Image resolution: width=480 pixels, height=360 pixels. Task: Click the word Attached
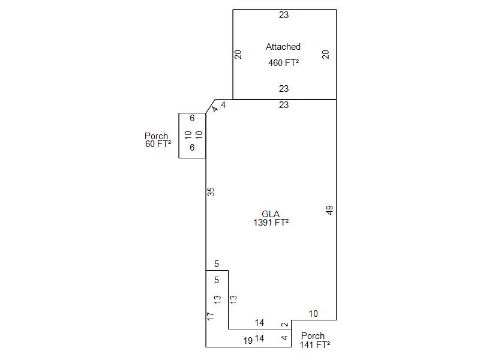[x=283, y=47]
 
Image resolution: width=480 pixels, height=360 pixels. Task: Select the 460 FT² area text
[x=283, y=63]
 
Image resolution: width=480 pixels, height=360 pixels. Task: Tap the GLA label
[x=271, y=214]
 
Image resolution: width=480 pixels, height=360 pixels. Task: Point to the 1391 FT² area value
[x=271, y=222]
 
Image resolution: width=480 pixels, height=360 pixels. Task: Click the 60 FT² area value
[x=158, y=143]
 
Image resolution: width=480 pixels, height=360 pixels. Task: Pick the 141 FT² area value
[x=314, y=344]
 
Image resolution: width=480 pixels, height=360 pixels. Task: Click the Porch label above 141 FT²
[x=313, y=336]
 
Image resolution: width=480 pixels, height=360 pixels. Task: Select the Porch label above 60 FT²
[x=156, y=136]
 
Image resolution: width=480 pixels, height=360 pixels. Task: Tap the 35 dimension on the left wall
[x=211, y=192]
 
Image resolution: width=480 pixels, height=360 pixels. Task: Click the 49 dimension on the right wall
[x=329, y=210]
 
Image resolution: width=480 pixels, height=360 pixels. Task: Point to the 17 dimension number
[x=211, y=316]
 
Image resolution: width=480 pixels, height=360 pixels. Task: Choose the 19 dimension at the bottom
[x=248, y=341]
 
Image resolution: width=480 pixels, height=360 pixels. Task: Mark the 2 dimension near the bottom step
[x=284, y=325]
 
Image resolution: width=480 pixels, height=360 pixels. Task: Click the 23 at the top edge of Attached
[x=284, y=15]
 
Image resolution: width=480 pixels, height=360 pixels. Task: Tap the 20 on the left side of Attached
[x=238, y=55]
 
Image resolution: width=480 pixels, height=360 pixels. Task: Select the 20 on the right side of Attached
[x=325, y=55]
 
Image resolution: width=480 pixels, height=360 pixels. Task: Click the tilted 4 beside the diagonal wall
[x=215, y=109]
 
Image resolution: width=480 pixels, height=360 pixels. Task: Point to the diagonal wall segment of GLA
[x=211, y=106]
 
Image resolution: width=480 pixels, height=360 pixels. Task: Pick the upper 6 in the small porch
[x=192, y=118]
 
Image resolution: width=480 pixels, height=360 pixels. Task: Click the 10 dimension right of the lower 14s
[x=313, y=314]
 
